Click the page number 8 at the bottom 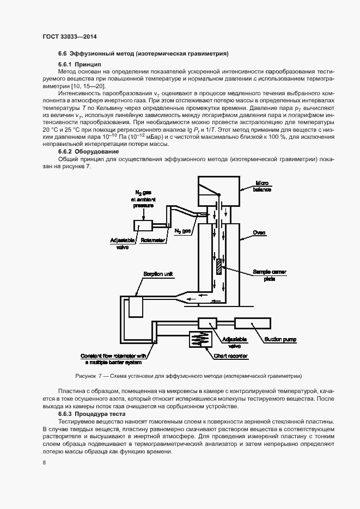(44, 462)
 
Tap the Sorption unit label (158, 274)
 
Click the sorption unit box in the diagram (137, 307)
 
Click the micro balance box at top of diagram (218, 191)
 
